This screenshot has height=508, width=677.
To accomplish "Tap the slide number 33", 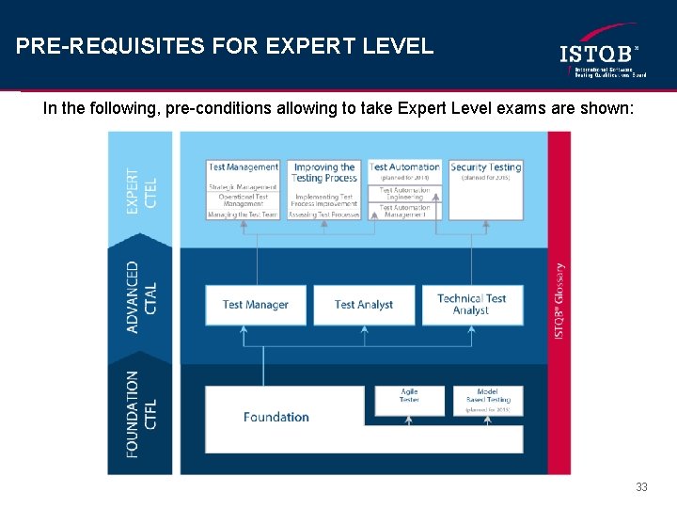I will [x=641, y=486].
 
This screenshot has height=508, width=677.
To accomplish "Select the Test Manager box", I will [x=256, y=305].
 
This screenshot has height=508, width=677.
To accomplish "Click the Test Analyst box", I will [x=364, y=305].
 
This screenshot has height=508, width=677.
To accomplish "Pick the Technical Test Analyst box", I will [x=472, y=305].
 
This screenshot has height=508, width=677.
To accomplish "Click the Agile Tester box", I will [x=409, y=396].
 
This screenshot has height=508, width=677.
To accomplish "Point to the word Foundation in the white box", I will [x=276, y=417].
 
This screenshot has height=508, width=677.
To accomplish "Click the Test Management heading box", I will [x=244, y=167].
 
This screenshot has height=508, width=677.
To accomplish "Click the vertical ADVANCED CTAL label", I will [x=142, y=297].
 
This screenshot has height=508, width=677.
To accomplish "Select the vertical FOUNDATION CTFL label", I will [x=142, y=414].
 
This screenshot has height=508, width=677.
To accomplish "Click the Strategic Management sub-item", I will [x=243, y=187].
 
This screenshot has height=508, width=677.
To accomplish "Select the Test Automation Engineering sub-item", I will [x=404, y=194].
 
